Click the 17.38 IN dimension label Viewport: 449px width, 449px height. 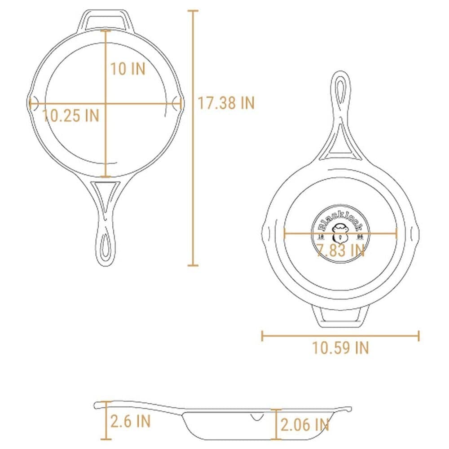pos(226,103)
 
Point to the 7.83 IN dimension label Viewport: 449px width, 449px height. pos(340,250)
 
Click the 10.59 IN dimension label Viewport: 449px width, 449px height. pos(340,348)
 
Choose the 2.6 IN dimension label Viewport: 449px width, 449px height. pos(131,421)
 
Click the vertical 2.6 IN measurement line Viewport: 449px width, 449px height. pos(106,420)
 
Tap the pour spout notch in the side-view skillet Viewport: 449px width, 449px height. pos(257,418)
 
